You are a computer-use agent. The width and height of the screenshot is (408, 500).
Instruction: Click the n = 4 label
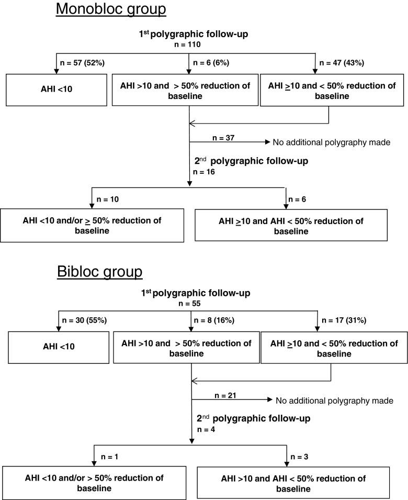tap(204, 429)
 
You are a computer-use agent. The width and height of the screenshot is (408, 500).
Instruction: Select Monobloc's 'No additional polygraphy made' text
tap(331, 142)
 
